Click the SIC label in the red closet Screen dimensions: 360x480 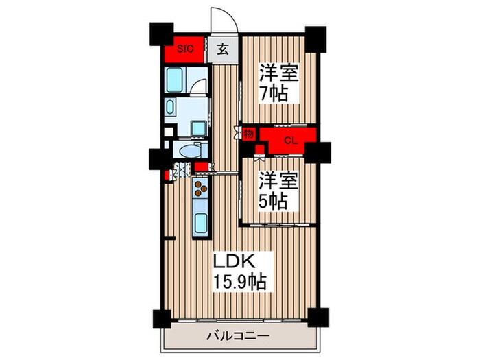point(185,49)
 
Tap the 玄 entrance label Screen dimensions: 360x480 point(223,49)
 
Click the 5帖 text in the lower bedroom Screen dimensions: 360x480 point(274,191)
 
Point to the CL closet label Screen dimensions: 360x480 point(289,141)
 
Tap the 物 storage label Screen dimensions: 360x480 point(248,134)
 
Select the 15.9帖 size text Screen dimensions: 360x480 point(241,281)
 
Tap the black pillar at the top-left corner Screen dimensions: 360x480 point(160,34)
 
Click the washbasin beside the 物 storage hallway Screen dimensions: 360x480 point(197,128)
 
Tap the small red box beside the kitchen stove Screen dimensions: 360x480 point(201,167)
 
